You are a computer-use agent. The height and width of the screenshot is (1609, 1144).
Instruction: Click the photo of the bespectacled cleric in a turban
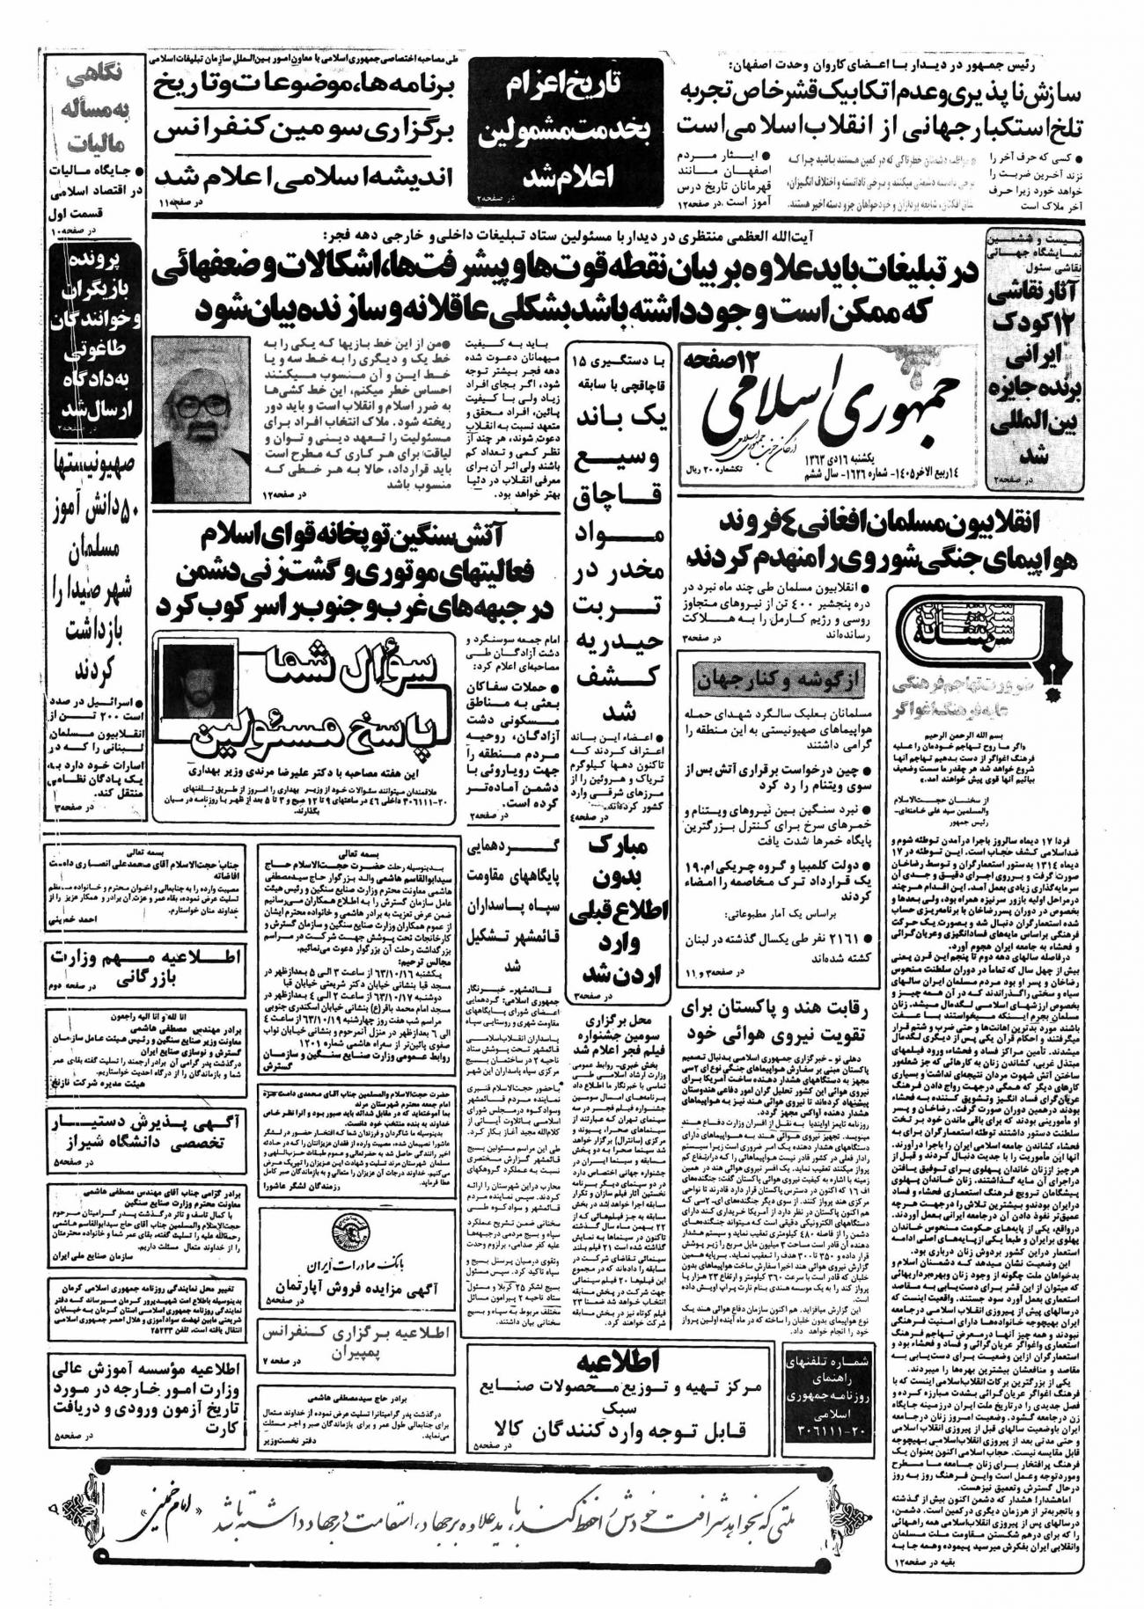201,420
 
